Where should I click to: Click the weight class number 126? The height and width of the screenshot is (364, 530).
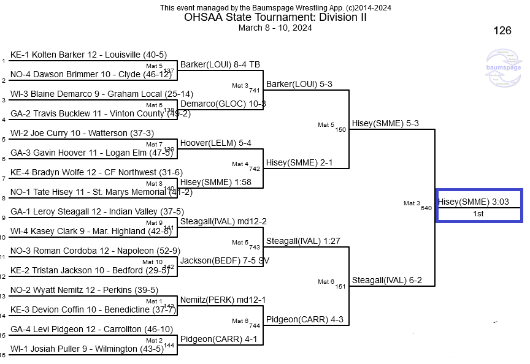(502, 31)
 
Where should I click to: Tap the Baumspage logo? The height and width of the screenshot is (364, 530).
(503, 69)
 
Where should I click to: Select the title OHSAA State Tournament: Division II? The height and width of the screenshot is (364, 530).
(275, 17)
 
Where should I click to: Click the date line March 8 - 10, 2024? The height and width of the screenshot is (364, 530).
(275, 28)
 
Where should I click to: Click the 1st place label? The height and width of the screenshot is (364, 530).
(478, 214)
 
